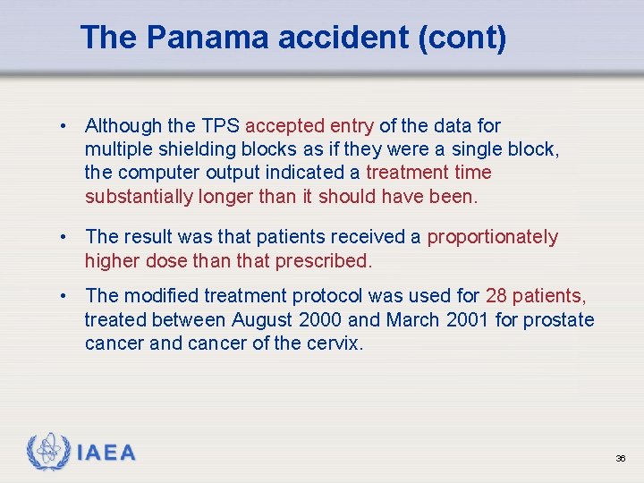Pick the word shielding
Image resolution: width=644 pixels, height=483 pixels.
pos(191,149)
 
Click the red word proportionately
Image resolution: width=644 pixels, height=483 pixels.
pos(493,237)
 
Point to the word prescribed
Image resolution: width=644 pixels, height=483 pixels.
pos(325,261)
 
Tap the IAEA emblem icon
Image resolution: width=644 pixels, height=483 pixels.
pos(49,452)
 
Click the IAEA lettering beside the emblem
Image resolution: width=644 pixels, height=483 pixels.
pos(106,453)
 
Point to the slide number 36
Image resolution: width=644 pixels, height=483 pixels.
pos(620,458)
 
